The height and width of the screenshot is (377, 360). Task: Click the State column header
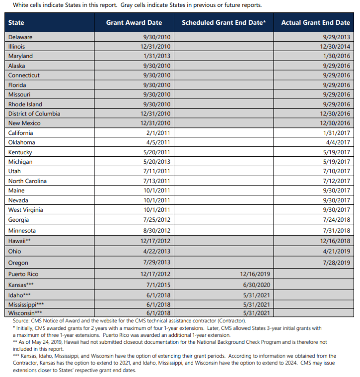(x=16, y=23)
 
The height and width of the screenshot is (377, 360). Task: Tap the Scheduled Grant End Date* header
(x=224, y=23)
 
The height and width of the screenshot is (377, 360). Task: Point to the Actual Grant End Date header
(x=315, y=23)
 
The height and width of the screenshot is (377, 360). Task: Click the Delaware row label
(x=21, y=37)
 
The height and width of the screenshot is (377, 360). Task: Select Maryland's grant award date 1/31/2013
(x=156, y=56)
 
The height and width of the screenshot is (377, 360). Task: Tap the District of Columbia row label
(x=34, y=114)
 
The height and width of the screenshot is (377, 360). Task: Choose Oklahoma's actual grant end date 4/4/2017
(x=338, y=142)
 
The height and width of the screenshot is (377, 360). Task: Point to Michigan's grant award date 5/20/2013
(x=156, y=162)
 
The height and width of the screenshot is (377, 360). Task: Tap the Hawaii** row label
(x=20, y=241)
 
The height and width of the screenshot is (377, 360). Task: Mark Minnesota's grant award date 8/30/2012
(x=156, y=231)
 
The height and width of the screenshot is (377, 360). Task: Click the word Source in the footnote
(x=22, y=321)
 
